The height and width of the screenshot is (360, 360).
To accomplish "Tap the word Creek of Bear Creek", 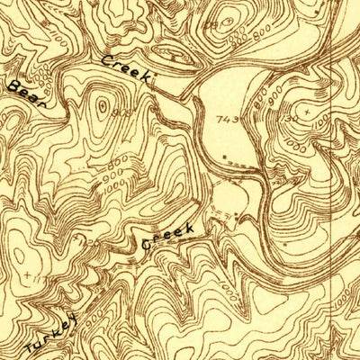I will (126, 70).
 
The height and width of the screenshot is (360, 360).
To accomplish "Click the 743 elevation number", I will (227, 119).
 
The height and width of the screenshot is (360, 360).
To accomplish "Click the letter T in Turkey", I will (32, 346).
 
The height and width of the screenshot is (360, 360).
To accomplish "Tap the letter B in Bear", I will (14, 85).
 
